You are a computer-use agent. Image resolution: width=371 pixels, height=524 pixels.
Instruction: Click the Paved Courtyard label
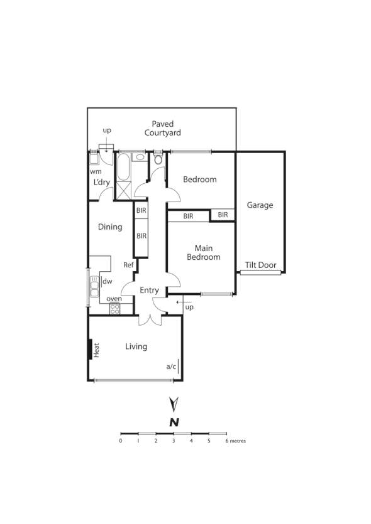click(x=163, y=129)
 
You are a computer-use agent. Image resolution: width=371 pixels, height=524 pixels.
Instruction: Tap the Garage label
click(x=260, y=205)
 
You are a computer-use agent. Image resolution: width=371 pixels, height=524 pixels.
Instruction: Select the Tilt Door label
click(x=261, y=265)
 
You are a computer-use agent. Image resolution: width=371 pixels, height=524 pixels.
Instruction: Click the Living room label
click(x=136, y=346)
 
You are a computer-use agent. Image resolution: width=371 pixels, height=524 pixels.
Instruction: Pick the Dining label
click(x=110, y=227)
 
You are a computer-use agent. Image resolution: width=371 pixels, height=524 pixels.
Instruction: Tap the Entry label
click(x=149, y=291)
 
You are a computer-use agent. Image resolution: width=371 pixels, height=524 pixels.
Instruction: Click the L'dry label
click(x=102, y=183)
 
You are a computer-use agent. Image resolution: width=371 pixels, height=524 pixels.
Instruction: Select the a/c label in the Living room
click(x=170, y=366)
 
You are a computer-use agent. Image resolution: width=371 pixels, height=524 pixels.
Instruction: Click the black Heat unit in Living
click(x=91, y=350)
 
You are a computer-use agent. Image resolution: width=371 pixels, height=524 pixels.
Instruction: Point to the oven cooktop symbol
click(x=115, y=308)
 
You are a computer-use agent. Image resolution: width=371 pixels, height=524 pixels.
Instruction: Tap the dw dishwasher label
click(x=108, y=282)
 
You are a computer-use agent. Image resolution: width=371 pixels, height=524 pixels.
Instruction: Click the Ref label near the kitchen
click(x=128, y=265)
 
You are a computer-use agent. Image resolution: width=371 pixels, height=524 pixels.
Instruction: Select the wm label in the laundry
click(x=95, y=171)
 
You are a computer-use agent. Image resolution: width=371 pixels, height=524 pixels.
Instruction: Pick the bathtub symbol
click(x=123, y=169)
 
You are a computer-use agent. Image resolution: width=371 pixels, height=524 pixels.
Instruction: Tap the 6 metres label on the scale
click(x=236, y=441)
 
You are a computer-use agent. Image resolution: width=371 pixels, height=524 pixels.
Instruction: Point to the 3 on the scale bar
click(x=174, y=441)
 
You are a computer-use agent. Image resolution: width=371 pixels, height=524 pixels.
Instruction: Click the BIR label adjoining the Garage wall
click(x=223, y=215)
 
